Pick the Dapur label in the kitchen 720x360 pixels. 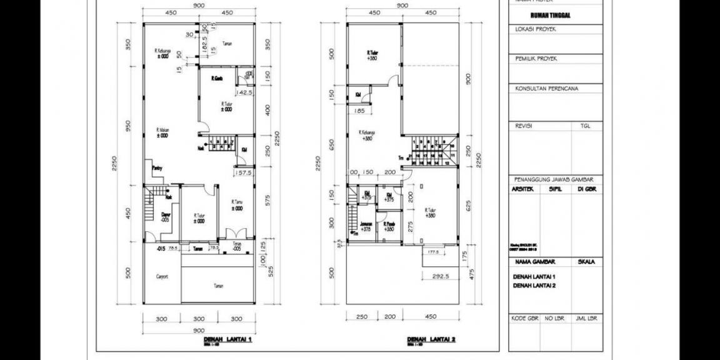pos(166,217)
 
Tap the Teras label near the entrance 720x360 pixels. pos(237,245)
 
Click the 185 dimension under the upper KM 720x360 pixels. pos(359,111)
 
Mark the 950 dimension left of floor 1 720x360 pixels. pos(127,127)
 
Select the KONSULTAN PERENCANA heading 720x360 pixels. pos(546,89)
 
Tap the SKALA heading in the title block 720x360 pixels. pos(586,262)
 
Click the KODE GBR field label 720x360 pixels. pos(524,319)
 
